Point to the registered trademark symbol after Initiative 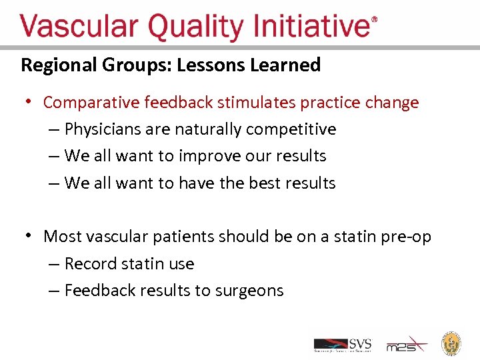pos(374,21)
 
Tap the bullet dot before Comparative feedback pos(29,102)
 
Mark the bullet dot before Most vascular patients pos(29,235)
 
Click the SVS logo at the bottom pos(343,345)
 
